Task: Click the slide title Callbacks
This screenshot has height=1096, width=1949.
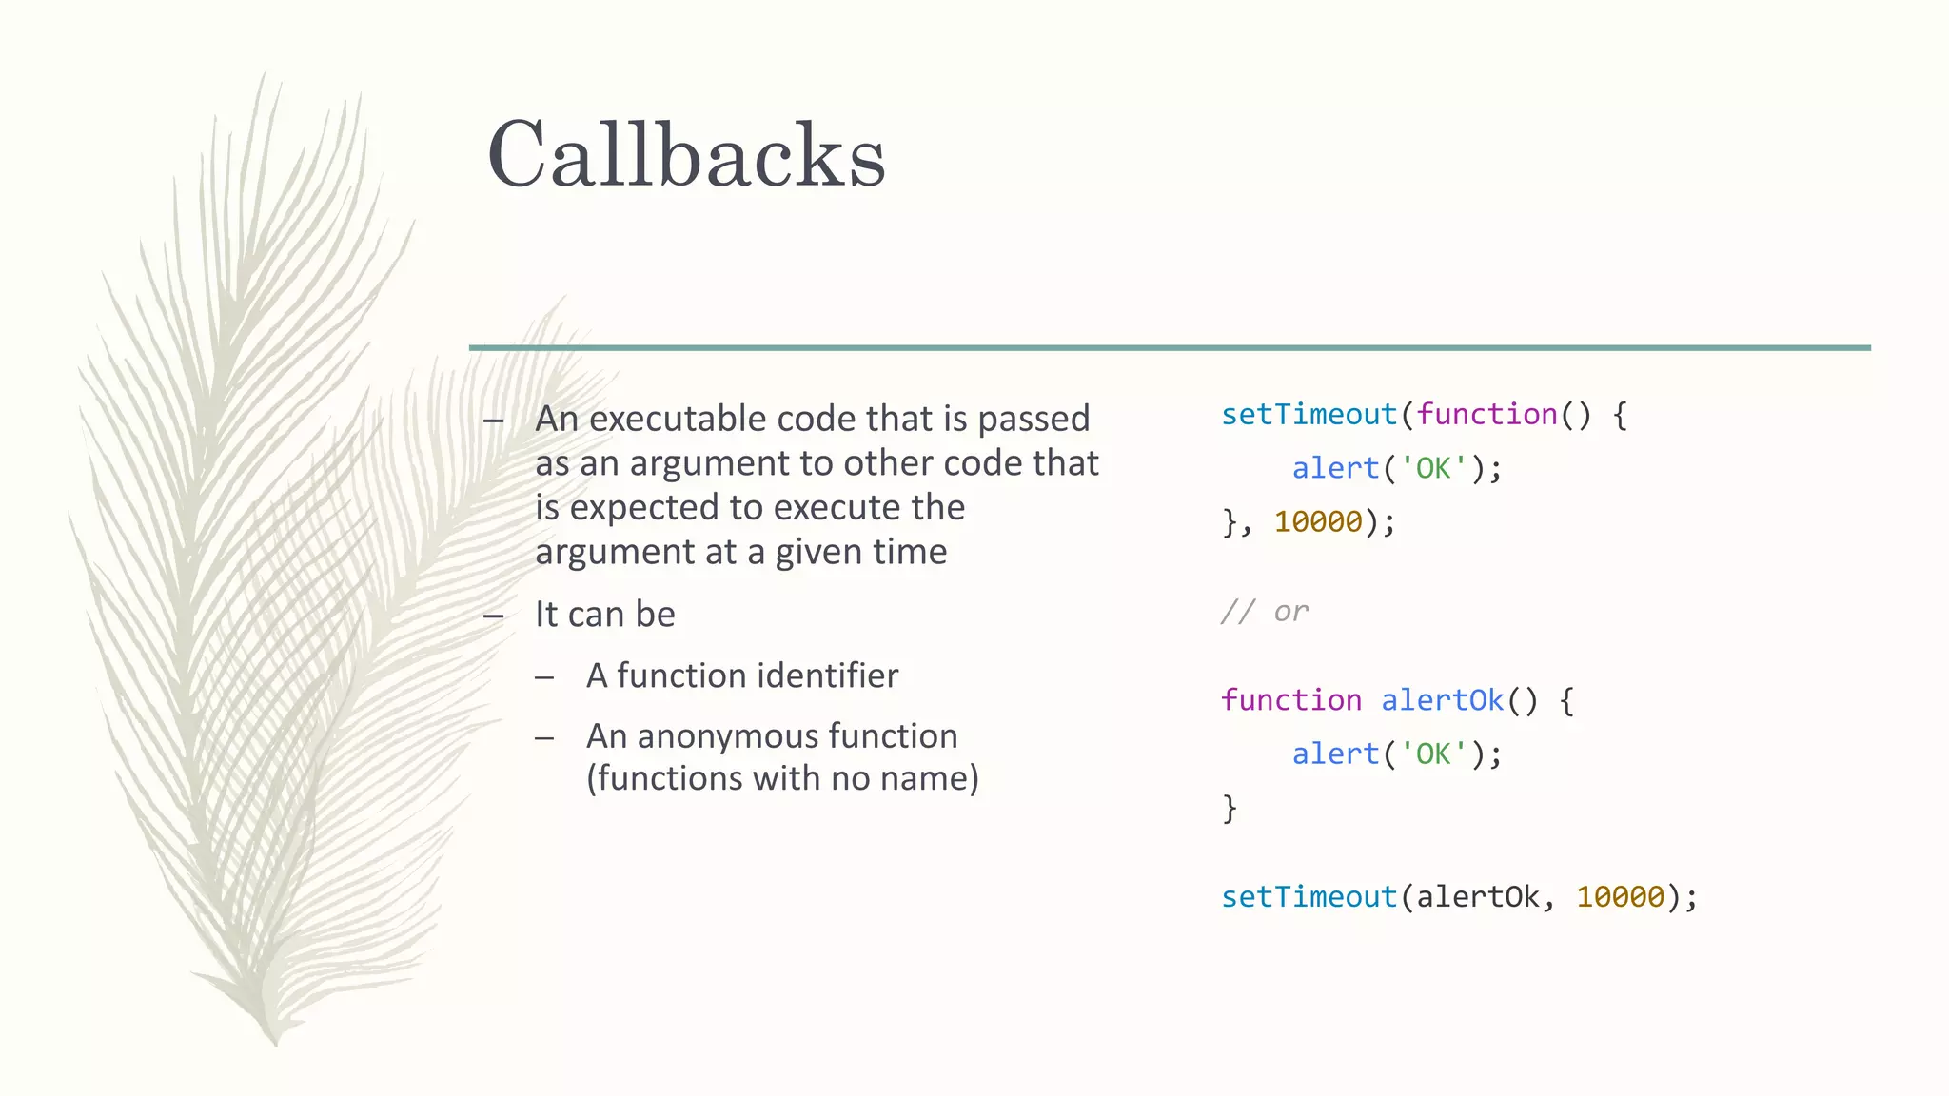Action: pyautogui.click(x=686, y=155)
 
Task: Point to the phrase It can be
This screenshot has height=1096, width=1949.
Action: pyautogui.click(x=605, y=615)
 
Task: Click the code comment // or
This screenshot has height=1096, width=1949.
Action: pyautogui.click(x=1265, y=611)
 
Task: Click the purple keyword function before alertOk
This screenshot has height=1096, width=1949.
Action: pyautogui.click(x=1291, y=700)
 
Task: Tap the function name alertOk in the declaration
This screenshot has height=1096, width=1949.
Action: pyautogui.click(x=1442, y=700)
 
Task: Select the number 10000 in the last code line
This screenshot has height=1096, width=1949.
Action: pyautogui.click(x=1620, y=896)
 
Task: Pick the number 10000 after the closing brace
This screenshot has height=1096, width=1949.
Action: pyautogui.click(x=1318, y=521)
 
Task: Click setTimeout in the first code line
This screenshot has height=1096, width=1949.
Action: pyautogui.click(x=1309, y=415)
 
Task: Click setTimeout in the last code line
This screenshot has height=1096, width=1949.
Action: pyautogui.click(x=1309, y=896)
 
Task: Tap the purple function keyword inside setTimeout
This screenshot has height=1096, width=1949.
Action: pyautogui.click(x=1486, y=415)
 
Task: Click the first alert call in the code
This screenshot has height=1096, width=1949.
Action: pyautogui.click(x=1335, y=468)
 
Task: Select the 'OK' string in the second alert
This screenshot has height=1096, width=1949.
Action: pyautogui.click(x=1433, y=753)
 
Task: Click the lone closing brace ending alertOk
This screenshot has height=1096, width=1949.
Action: pyautogui.click(x=1230, y=808)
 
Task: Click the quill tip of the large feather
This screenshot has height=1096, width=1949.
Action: pyautogui.click(x=273, y=1037)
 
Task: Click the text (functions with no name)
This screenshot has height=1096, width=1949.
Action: pyautogui.click(x=782, y=778)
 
